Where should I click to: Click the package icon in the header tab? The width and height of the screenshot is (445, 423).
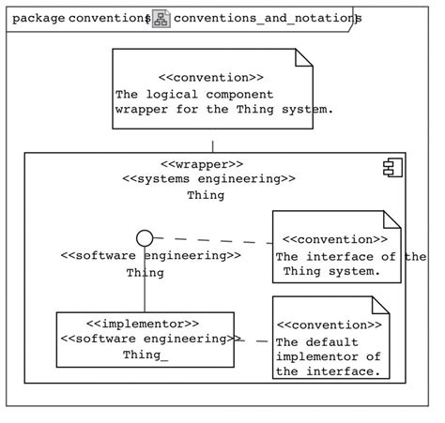pyautogui.click(x=161, y=18)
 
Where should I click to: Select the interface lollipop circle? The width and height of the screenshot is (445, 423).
pyautogui.click(x=144, y=237)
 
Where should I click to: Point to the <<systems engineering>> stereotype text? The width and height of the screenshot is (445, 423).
pyautogui.click(x=208, y=179)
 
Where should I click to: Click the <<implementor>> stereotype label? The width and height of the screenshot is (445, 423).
pyautogui.click(x=143, y=324)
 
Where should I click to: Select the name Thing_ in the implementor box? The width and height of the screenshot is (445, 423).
pyautogui.click(x=146, y=355)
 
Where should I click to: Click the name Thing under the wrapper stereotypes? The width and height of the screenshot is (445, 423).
pyautogui.click(x=206, y=195)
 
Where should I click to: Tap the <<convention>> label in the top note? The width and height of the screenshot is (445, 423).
pyautogui.click(x=212, y=77)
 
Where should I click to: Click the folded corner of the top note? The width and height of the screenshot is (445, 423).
pyautogui.click(x=302, y=58)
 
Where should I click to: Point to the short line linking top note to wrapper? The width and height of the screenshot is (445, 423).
pyautogui.click(x=213, y=146)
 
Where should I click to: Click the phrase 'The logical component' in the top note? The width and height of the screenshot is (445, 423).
pyautogui.click(x=194, y=94)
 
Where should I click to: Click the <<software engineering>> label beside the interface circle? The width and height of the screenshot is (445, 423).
pyautogui.click(x=150, y=255)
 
